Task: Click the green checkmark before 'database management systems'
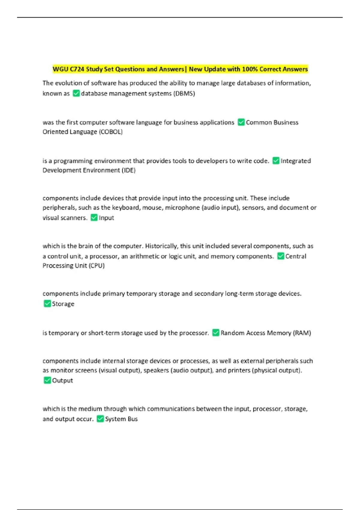click(x=76, y=93)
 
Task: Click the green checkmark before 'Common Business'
click(x=241, y=122)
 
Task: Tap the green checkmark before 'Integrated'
click(x=276, y=161)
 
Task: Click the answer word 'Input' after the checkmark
click(x=106, y=218)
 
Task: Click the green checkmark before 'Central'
click(x=280, y=256)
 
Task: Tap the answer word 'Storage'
click(x=63, y=304)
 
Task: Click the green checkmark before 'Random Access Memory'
click(x=216, y=333)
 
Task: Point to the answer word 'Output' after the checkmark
click(x=62, y=380)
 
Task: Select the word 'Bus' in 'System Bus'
click(x=133, y=419)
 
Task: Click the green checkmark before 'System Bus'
click(x=100, y=419)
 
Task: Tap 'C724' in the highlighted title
click(x=77, y=69)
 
